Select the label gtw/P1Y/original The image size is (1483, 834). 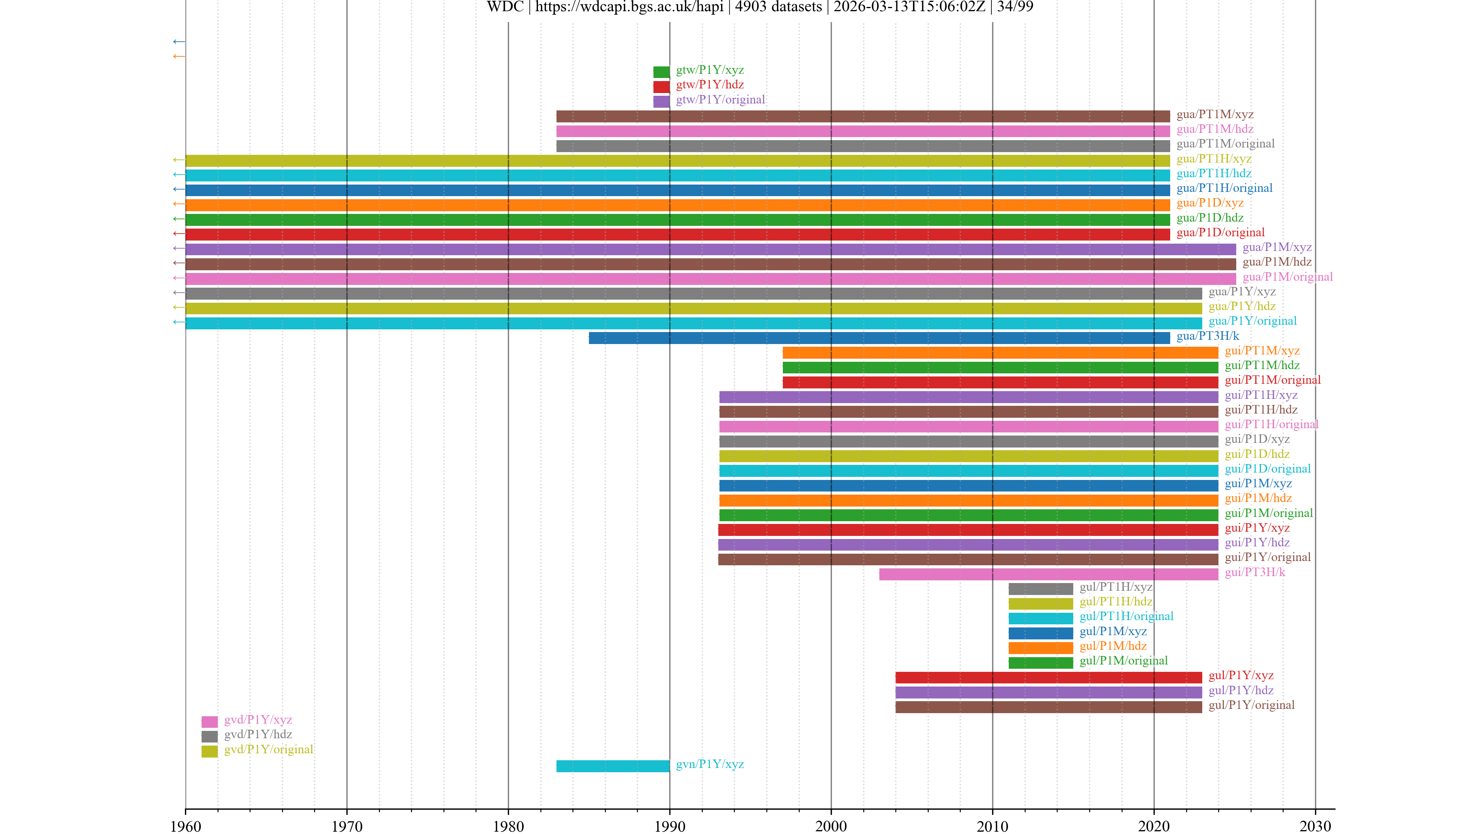720,100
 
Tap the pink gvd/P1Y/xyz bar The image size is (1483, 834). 210,722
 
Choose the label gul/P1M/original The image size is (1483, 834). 1123,661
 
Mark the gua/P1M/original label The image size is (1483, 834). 1287,277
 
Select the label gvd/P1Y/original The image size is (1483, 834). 268,749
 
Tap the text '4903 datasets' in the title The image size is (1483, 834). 778,7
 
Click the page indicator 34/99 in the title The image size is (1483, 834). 1015,7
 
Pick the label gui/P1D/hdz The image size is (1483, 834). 1257,454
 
